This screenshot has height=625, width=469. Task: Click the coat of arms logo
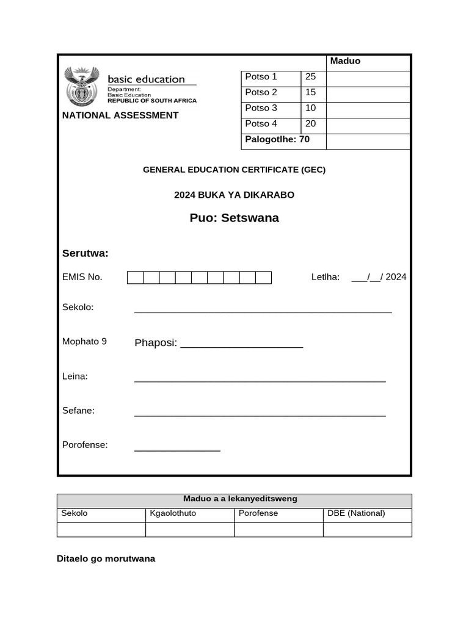tap(81, 87)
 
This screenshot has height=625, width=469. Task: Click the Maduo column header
tap(345, 61)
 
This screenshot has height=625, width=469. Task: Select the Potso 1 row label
tap(261, 77)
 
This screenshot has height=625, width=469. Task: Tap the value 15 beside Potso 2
tap(311, 93)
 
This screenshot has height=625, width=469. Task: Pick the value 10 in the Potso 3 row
tap(311, 108)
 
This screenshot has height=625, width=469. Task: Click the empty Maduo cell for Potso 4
tap(368, 126)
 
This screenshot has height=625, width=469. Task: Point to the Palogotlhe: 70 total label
tap(277, 140)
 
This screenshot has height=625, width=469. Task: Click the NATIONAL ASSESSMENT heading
tap(120, 115)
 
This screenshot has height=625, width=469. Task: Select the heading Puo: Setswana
tap(234, 218)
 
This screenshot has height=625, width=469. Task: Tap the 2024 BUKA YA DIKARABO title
tap(234, 195)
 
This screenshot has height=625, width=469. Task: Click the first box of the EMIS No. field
tap(135, 278)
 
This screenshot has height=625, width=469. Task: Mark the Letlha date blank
tap(369, 277)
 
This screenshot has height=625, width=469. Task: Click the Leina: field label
tap(75, 377)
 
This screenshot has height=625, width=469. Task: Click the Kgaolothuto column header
tap(173, 513)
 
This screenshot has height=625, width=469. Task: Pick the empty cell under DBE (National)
tap(367, 530)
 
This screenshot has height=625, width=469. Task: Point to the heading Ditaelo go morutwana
tap(106, 558)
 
